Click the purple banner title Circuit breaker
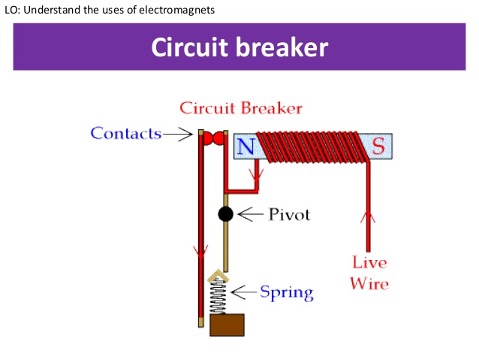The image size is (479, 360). click(239, 47)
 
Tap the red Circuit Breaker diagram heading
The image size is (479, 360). click(240, 108)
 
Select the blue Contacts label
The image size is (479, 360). click(126, 134)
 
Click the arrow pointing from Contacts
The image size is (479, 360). click(179, 135)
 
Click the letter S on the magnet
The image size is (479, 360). click(378, 147)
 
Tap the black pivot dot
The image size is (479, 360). click(225, 214)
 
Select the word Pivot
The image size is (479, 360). click(289, 215)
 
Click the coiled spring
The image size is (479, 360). click(219, 296)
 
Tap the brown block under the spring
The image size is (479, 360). click(226, 325)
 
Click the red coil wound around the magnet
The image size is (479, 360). click(312, 146)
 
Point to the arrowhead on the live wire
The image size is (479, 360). click(368, 217)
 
